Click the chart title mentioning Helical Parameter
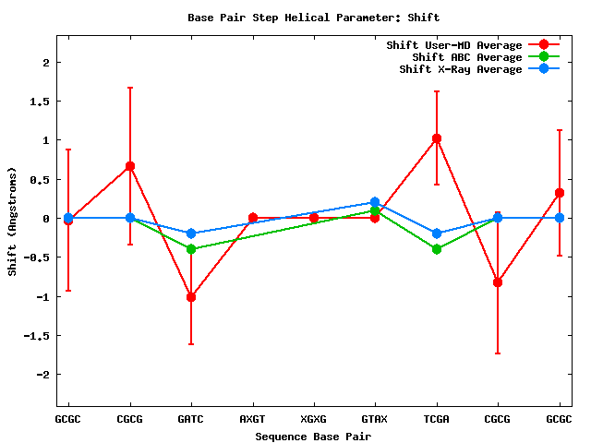click(314, 18)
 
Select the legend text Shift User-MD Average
click(454, 45)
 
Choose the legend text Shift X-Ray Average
click(461, 69)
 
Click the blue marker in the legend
click(544, 69)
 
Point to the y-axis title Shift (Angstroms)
click(12, 221)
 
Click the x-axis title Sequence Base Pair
click(313, 436)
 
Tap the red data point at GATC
click(191, 297)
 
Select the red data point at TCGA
click(436, 138)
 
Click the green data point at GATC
click(191, 249)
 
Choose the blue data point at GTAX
click(375, 202)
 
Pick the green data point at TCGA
click(436, 249)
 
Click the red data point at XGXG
click(314, 218)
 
